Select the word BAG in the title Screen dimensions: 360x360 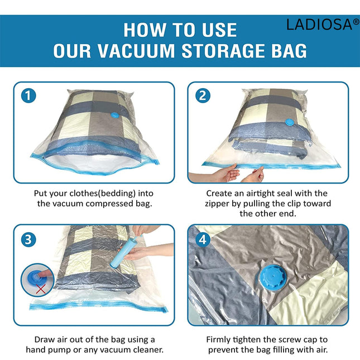(285, 51)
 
